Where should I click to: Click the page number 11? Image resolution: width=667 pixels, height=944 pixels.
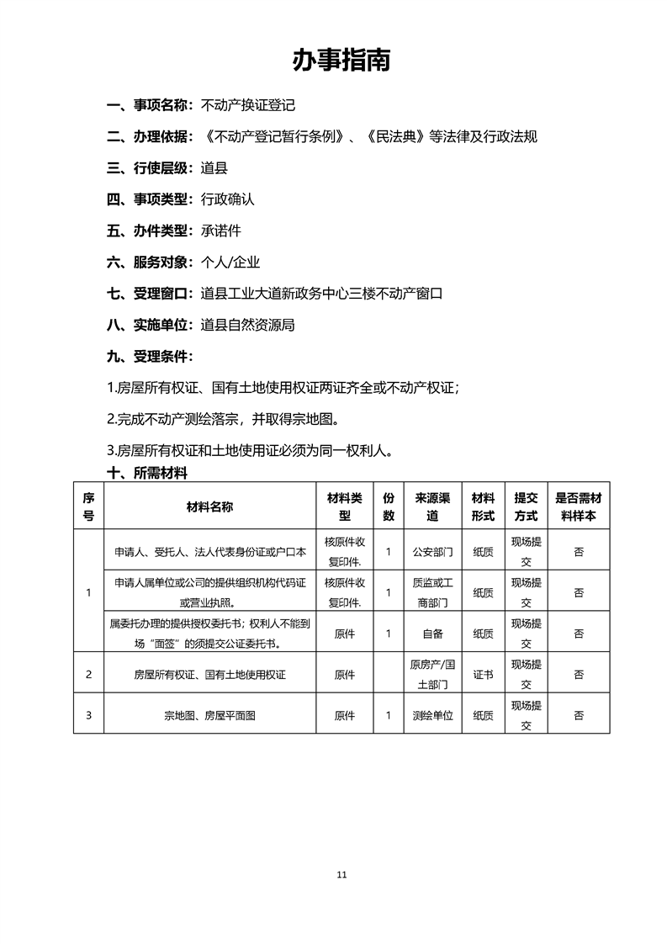pyautogui.click(x=341, y=874)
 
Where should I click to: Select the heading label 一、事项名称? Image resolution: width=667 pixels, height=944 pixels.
pyautogui.click(x=150, y=106)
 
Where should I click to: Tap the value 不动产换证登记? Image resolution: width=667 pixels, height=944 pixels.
pyautogui.click(x=248, y=106)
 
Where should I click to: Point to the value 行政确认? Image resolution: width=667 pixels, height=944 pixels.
pyautogui.click(x=227, y=199)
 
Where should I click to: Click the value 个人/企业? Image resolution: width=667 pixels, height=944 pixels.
pyautogui.click(x=230, y=262)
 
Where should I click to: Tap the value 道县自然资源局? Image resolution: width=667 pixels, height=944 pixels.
pyautogui.click(x=248, y=324)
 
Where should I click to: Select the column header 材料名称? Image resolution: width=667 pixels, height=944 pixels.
pyautogui.click(x=209, y=506)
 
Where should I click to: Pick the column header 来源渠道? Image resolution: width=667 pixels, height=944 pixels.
pyautogui.click(x=432, y=506)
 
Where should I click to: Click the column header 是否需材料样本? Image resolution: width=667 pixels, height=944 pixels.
pyautogui.click(x=579, y=506)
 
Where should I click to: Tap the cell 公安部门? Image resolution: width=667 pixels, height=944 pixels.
pyautogui.click(x=432, y=553)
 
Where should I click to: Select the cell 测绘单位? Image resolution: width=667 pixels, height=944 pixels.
pyautogui.click(x=432, y=716)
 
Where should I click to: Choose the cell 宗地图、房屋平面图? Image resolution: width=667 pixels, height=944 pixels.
pyautogui.click(x=209, y=716)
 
